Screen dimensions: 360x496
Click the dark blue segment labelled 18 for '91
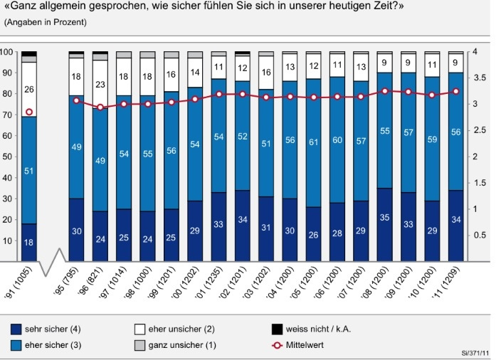click(x=29, y=243)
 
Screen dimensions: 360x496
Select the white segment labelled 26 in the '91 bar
click(x=29, y=90)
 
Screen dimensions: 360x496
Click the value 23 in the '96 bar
click(x=101, y=84)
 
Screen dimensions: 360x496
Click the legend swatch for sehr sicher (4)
click(x=16, y=329)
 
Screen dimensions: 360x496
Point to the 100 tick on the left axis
click(x=6, y=52)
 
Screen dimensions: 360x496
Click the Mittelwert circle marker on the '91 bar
click(x=29, y=112)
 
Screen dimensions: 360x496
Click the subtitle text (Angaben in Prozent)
click(x=46, y=22)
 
